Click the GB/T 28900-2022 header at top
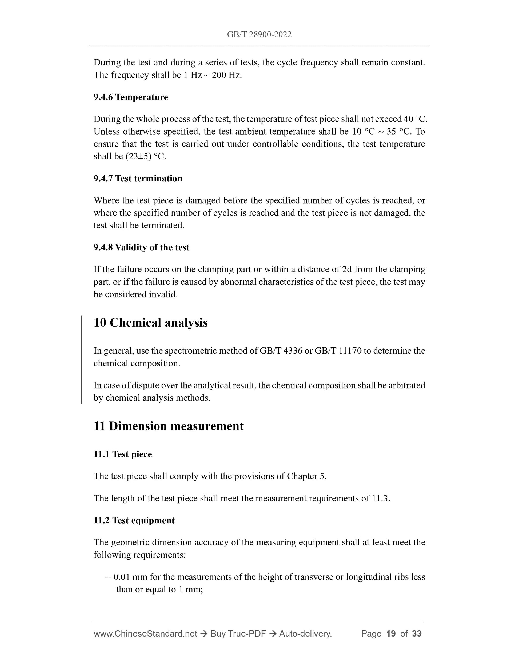tap(259, 34)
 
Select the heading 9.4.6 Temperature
tap(131, 97)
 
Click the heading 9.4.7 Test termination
tap(138, 179)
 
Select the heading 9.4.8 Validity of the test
tap(141, 247)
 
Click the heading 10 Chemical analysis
tap(150, 323)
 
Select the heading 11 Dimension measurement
tap(169, 426)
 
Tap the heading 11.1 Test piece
tap(123, 454)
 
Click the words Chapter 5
tap(306, 476)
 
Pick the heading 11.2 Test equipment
tap(134, 520)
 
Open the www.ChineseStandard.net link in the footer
tap(145, 634)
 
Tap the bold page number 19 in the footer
tap(391, 634)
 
